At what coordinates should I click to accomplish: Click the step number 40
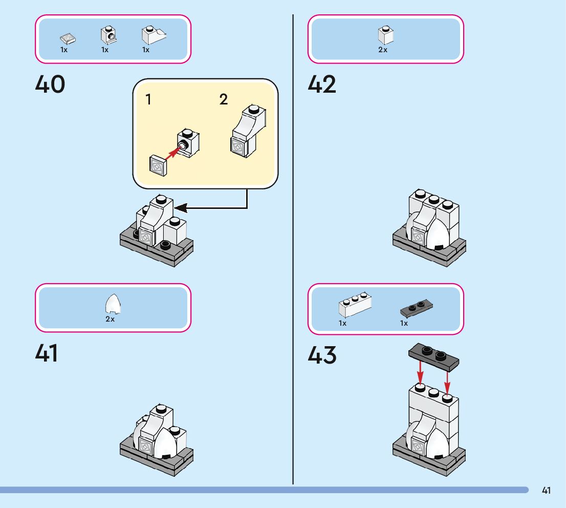coord(50,85)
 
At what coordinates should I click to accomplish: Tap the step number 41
coord(47,353)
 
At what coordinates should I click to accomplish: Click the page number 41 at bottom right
coord(546,491)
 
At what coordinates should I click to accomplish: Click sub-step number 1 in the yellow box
coord(148,99)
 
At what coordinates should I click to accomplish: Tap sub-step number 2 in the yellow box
coord(223,99)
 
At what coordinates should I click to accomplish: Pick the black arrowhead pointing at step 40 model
coord(181,208)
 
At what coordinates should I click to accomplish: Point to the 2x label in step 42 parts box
coord(383,50)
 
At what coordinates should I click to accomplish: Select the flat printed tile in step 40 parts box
coord(67,38)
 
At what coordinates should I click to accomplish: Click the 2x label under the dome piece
coord(110,319)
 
